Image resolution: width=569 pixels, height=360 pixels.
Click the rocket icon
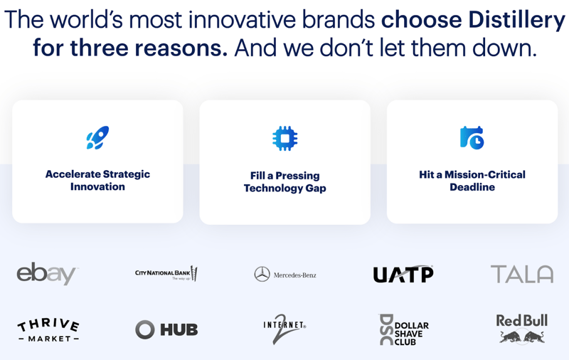coord(97,138)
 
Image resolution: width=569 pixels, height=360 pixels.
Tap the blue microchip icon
coord(284,139)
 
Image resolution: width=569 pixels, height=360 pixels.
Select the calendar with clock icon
coord(472,138)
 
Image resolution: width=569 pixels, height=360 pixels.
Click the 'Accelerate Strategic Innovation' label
coord(97,180)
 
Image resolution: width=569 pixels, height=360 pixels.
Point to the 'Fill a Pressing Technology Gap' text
coord(284,181)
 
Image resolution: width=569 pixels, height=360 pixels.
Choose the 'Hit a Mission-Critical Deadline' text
coord(472,181)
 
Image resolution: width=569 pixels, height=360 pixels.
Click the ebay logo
coord(47,273)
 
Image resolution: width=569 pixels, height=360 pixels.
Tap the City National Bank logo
coord(166,274)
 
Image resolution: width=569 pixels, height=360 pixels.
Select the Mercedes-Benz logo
coord(285,275)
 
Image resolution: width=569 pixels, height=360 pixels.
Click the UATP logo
coord(403,274)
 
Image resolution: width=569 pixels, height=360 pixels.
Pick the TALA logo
coord(521,274)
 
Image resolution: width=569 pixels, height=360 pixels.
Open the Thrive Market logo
coord(48,330)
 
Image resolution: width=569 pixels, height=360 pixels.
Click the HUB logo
coord(166,329)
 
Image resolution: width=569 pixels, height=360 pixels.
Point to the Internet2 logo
coord(284,329)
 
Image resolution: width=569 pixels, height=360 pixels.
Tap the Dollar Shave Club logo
coord(404,329)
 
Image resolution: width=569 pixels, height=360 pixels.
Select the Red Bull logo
coord(521,329)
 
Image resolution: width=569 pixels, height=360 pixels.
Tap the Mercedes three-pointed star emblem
coord(262,275)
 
